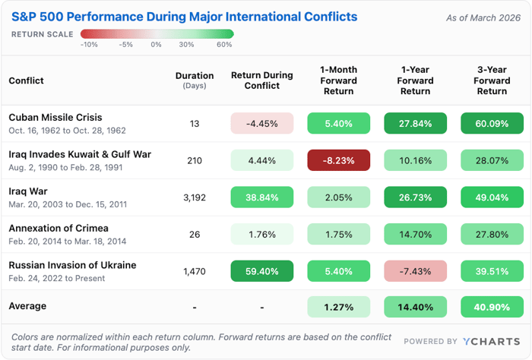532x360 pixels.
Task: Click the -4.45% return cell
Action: [x=262, y=123]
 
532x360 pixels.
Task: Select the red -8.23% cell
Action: [x=338, y=160]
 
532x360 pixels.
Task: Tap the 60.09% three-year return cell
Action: [x=492, y=123]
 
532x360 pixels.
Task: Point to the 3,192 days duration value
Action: [x=195, y=197]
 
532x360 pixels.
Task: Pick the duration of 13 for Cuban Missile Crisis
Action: [x=195, y=123]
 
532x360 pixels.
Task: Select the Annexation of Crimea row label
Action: [x=59, y=228]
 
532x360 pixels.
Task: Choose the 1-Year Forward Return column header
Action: [x=415, y=81]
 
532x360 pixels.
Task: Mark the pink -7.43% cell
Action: [x=415, y=271]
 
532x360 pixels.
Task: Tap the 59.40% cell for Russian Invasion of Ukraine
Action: [x=262, y=271]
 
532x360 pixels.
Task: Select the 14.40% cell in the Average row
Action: [x=415, y=308]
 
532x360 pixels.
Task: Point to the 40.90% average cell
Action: [x=492, y=308]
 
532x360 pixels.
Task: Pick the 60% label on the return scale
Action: [x=224, y=45]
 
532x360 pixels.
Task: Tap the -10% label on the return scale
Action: [x=89, y=45]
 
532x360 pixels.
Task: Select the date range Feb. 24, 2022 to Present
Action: [x=57, y=278]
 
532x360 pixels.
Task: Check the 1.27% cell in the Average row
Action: [x=338, y=308]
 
